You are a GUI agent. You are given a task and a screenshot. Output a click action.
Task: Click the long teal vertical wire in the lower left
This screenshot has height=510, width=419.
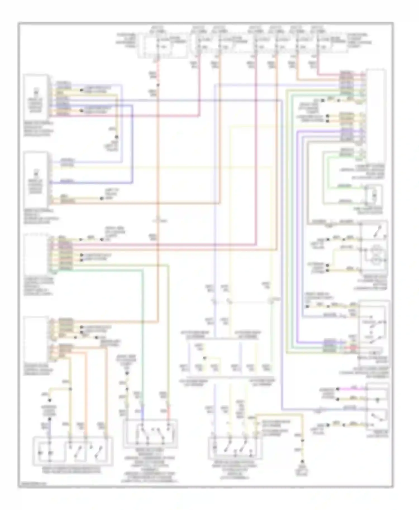coord(142,335)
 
